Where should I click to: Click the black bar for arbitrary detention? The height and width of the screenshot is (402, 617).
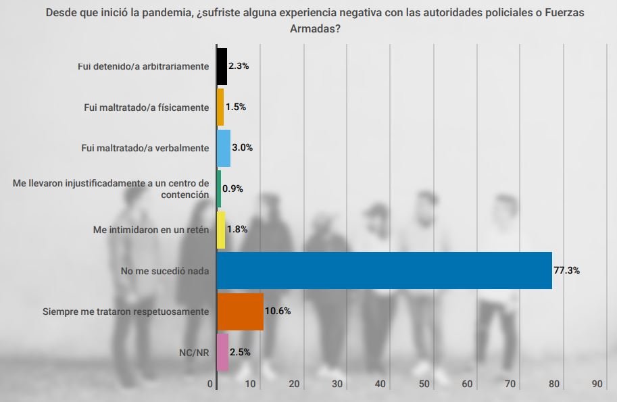click(x=222, y=66)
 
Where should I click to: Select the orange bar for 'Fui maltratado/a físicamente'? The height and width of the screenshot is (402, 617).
click(x=220, y=107)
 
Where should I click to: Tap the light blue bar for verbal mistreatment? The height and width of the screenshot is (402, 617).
click(x=223, y=148)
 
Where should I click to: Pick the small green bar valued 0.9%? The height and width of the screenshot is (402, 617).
click(x=218, y=189)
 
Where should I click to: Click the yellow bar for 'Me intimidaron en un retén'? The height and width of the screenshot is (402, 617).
click(x=220, y=230)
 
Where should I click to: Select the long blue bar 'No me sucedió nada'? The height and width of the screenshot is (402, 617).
click(x=384, y=270)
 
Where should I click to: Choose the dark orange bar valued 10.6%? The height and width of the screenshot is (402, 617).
click(x=240, y=311)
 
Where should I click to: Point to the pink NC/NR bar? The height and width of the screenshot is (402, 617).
click(x=222, y=352)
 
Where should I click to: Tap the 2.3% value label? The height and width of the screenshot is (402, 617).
click(x=239, y=66)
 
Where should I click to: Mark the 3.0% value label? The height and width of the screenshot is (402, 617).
click(x=242, y=148)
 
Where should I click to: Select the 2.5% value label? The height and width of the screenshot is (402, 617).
click(x=240, y=352)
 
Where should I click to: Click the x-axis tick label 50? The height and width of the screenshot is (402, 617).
click(x=424, y=384)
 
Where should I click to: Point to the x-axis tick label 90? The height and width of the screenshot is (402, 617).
click(x=597, y=384)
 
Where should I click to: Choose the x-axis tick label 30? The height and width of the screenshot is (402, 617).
click(x=337, y=384)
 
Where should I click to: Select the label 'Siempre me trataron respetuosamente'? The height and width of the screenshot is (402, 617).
click(x=126, y=311)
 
